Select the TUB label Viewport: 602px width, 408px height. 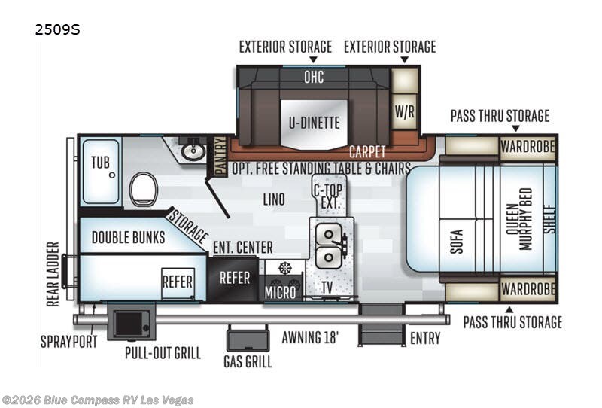click(x=100, y=163)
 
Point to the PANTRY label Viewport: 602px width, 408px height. click(x=220, y=156)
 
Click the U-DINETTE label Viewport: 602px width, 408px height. click(x=312, y=123)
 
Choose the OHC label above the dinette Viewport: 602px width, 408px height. click(x=313, y=75)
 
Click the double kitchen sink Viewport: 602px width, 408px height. click(x=330, y=245)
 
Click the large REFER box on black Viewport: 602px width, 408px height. click(x=234, y=277)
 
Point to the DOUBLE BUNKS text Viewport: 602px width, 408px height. click(x=128, y=238)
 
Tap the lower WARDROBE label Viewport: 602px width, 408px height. click(x=528, y=288)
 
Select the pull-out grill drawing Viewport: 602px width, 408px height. click(x=132, y=323)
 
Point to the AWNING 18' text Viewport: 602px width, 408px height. click(x=311, y=337)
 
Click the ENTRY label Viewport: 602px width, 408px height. click(x=425, y=339)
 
